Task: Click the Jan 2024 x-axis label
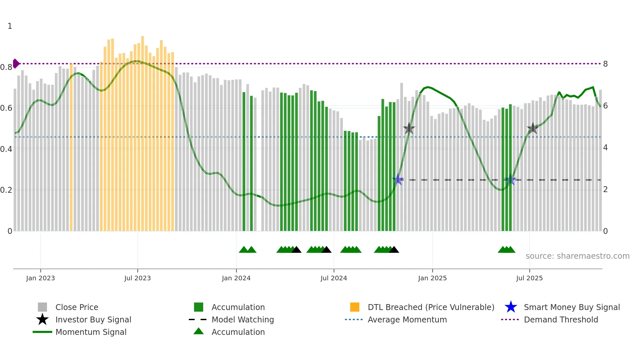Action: coord(236,278)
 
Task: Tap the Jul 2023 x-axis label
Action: coord(137,278)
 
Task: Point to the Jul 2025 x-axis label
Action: coord(529,278)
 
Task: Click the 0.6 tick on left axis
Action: coord(6,108)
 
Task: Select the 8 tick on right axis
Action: coord(605,64)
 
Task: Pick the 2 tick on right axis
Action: coord(605,189)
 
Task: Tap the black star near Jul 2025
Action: coord(533,128)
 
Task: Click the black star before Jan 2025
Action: coord(409,128)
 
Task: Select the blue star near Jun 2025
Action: coord(510,180)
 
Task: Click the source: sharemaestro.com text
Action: coord(577,256)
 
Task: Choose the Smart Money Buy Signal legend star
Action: coord(511,307)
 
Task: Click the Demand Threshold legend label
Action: coord(561,319)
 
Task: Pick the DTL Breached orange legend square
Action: coord(355,307)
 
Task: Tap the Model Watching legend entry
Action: coord(243,319)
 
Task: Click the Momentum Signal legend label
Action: coord(91,332)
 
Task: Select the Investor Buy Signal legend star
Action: coord(42,319)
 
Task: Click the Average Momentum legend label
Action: coord(407,319)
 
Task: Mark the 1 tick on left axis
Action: coord(10,26)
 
